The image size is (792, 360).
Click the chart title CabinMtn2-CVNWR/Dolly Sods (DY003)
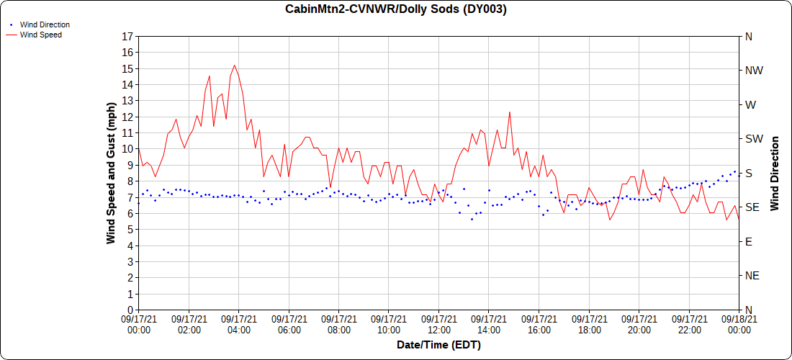(395, 9)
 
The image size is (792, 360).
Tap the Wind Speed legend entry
(40, 35)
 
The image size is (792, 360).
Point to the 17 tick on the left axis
(128, 36)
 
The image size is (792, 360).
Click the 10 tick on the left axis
(128, 149)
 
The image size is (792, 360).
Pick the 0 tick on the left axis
(130, 310)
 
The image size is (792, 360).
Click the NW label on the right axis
(754, 71)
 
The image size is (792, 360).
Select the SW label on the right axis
(754, 139)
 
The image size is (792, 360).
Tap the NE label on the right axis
(752, 276)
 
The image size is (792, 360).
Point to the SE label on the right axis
(752, 207)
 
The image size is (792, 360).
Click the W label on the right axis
(751, 104)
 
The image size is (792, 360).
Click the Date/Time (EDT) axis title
(438, 345)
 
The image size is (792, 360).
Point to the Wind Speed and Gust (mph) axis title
(111, 173)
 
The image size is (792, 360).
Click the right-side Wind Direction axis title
(775, 173)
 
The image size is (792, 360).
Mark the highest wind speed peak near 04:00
(234, 66)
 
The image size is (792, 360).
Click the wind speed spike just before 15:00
(510, 112)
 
